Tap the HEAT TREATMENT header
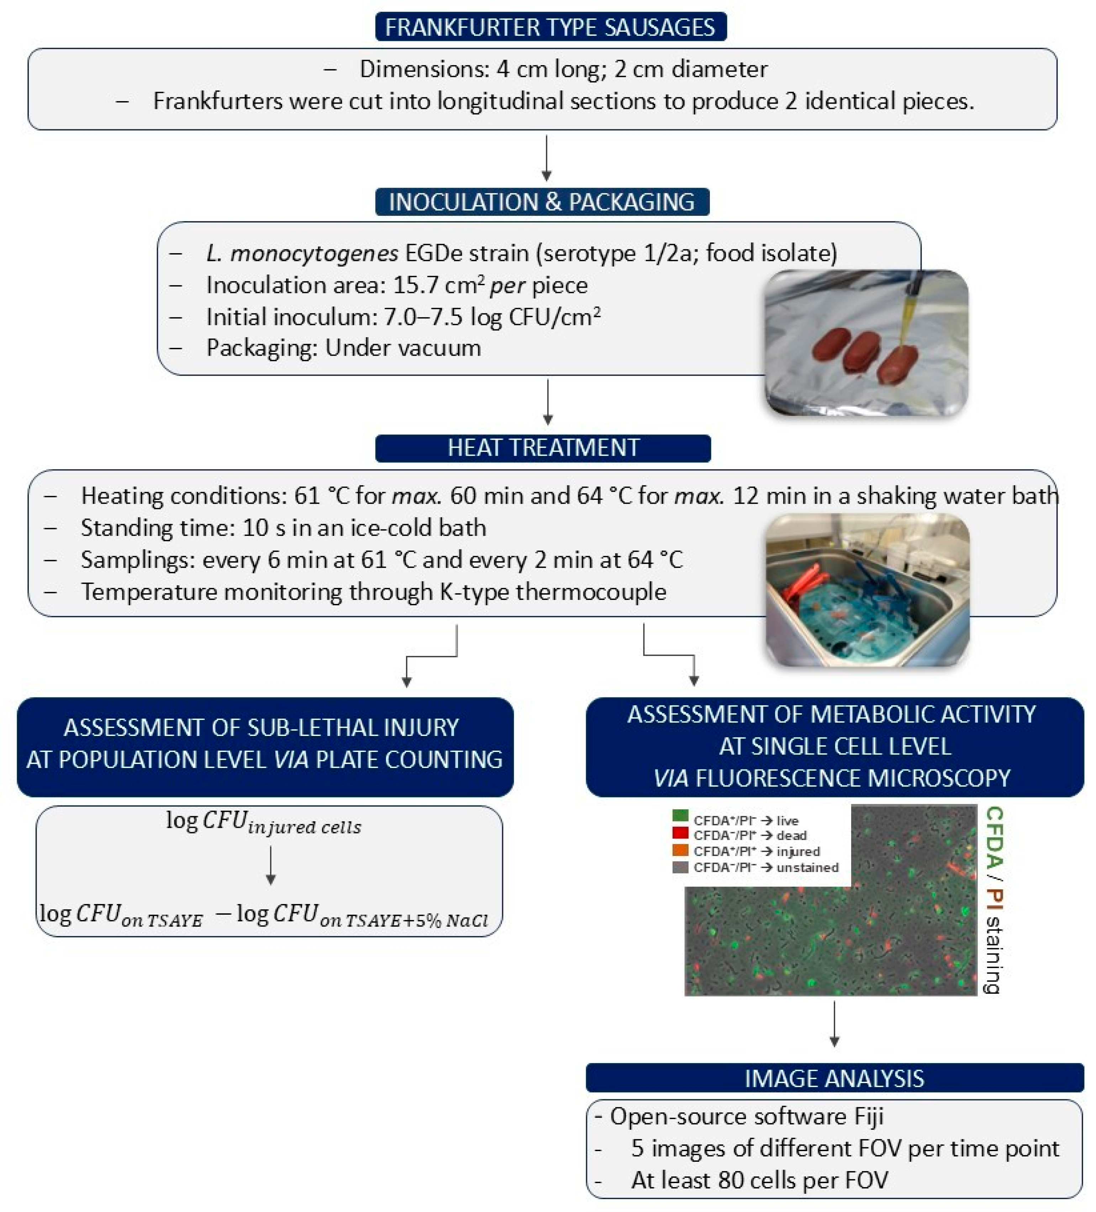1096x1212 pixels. point(543,448)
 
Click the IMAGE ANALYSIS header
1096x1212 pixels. point(834,1078)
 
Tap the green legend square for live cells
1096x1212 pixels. point(680,816)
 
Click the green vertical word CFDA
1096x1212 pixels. point(995,836)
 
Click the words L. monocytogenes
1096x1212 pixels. point(302,253)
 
